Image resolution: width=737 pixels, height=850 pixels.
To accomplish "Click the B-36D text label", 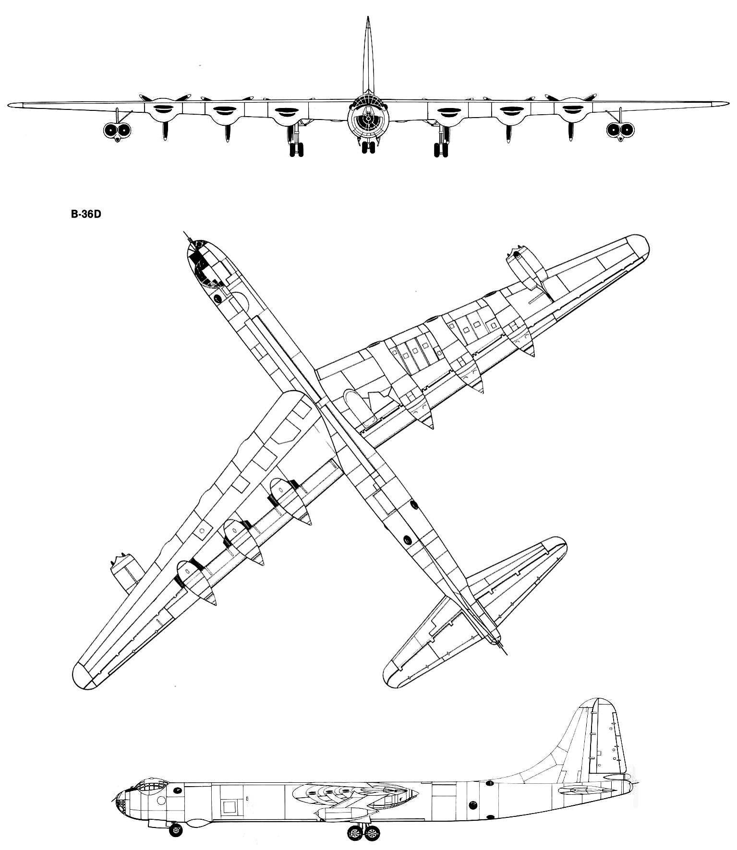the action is pyautogui.click(x=86, y=215).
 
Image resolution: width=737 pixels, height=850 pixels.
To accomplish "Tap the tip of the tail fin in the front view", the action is pyautogui.click(x=367, y=18).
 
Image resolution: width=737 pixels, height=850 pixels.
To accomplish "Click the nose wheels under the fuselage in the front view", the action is pyautogui.click(x=368, y=147).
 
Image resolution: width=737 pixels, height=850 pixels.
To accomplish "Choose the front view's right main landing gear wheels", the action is pyautogui.click(x=440, y=149).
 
